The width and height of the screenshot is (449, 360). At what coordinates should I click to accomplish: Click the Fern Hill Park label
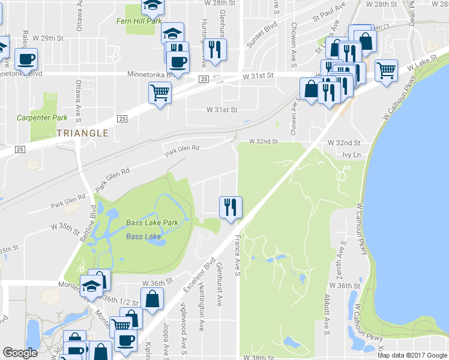pos(139,21)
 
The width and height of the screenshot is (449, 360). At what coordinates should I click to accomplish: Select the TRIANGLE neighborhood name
pos(83,133)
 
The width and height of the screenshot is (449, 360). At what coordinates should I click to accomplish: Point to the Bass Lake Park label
pos(152,223)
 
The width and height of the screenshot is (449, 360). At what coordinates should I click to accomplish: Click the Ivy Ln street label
pos(350,155)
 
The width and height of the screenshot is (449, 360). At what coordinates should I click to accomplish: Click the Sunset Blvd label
pos(262,35)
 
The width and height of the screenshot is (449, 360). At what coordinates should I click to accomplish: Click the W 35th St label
pos(66,229)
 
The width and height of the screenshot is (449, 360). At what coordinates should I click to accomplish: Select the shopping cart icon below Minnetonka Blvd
pos(160,92)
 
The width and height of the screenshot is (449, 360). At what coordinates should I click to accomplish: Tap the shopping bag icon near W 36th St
pos(152,298)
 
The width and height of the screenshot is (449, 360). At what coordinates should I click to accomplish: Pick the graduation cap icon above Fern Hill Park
pos(152,5)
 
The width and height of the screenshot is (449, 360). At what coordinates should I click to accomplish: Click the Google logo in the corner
pos(20,353)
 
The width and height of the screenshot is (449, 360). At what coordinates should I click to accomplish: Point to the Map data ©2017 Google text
pos(412,355)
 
